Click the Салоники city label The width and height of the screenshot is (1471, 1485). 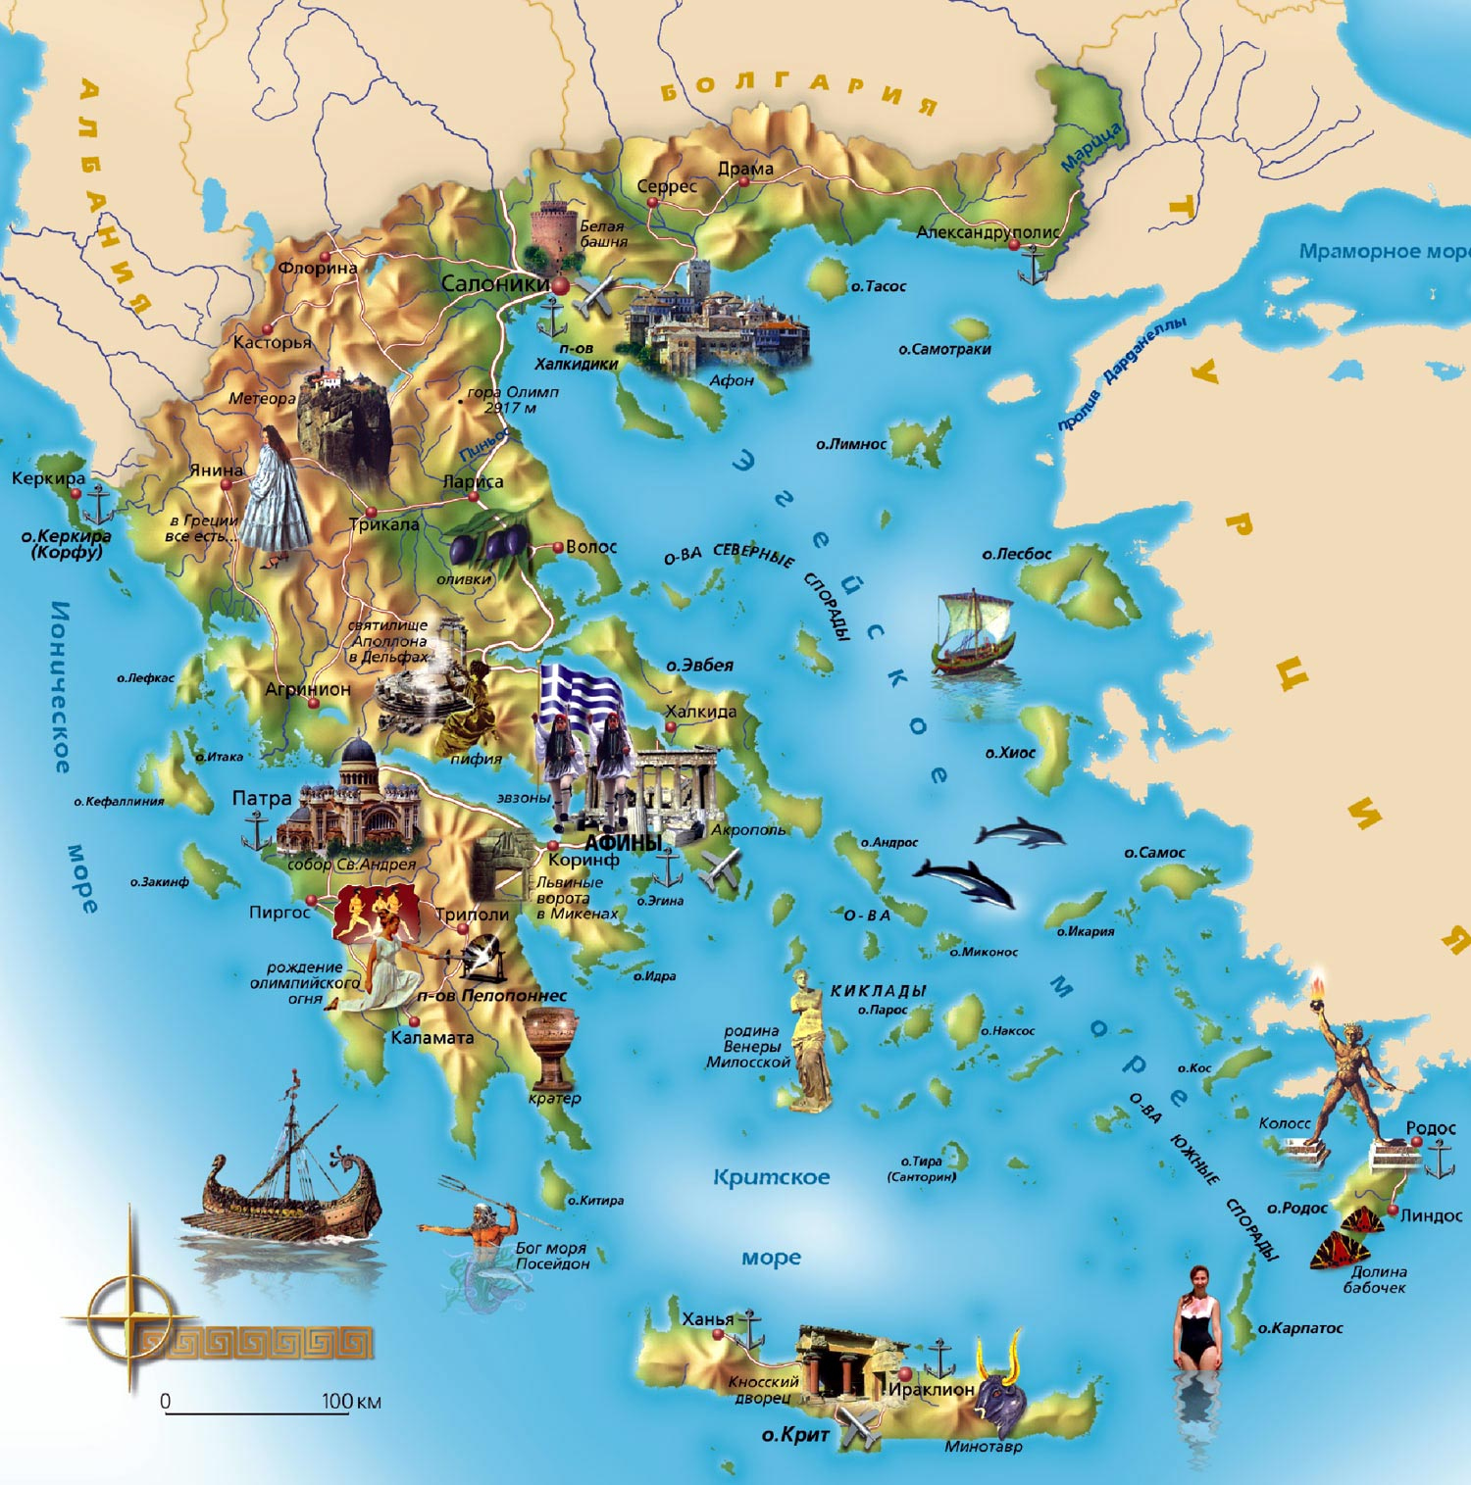[494, 284]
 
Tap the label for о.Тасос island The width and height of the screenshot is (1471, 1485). [879, 286]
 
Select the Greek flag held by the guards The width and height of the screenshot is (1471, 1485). [581, 692]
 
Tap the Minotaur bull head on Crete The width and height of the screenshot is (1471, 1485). [997, 1389]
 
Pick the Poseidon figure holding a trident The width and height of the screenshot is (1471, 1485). [481, 1235]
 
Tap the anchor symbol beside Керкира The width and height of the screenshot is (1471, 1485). [99, 506]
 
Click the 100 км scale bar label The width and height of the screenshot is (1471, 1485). [350, 1402]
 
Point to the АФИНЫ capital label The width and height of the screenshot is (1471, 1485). [623, 842]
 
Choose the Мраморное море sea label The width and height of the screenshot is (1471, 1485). [1383, 252]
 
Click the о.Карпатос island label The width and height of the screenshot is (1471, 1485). [1300, 1328]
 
